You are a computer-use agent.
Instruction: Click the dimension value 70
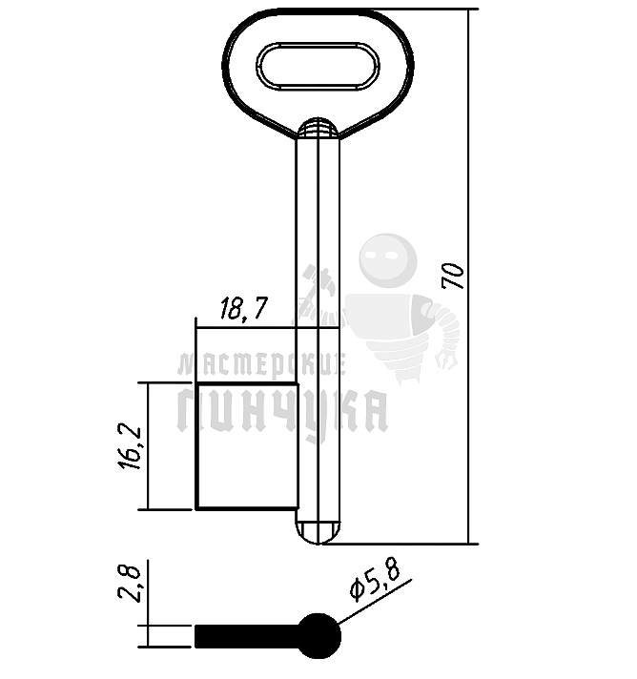453,276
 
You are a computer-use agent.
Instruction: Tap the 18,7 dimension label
243,308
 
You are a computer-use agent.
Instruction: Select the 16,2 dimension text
130,448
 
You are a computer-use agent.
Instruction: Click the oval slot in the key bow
318,67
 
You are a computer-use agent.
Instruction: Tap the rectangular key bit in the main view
247,446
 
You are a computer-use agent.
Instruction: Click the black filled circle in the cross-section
319,636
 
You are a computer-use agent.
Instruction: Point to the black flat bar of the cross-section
247,636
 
